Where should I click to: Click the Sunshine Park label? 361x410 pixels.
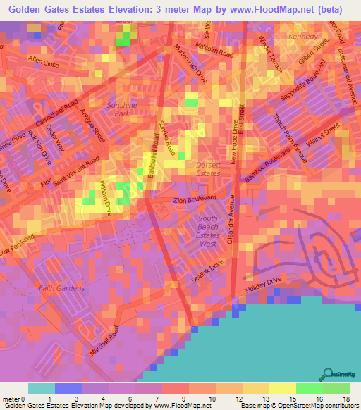tap(117, 108)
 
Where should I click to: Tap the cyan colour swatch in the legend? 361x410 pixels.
tap(41, 388)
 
